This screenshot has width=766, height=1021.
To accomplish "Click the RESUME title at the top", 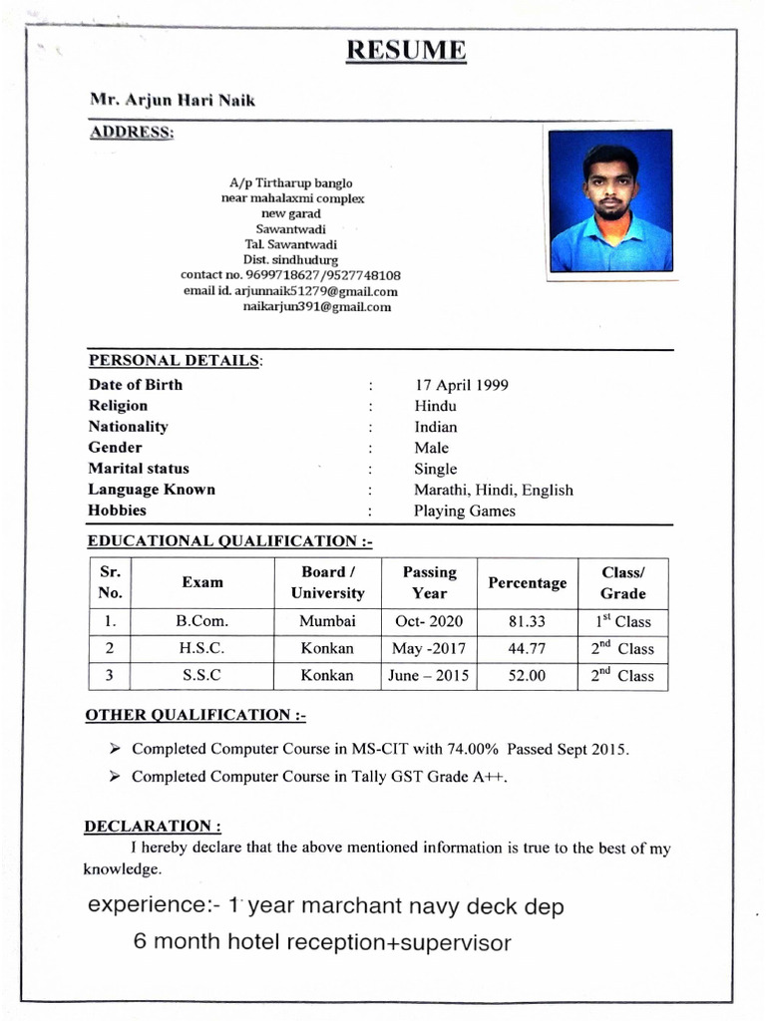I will (406, 51).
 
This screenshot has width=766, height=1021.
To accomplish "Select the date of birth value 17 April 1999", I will (461, 385).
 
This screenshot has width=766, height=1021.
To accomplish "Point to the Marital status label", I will (139, 469).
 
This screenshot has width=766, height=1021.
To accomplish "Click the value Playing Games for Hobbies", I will (465, 510).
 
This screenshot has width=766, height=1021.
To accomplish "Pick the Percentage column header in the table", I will (527, 583).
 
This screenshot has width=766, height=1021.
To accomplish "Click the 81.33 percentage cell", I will (527, 621).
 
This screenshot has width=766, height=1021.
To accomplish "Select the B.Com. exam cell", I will (202, 621).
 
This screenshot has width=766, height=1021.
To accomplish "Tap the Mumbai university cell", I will (327, 621).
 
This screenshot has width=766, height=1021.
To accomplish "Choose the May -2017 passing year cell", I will (426, 648).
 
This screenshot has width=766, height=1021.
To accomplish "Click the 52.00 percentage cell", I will (527, 675).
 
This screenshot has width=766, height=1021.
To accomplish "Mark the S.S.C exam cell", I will (201, 675).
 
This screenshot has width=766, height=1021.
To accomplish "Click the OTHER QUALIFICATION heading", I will (195, 715).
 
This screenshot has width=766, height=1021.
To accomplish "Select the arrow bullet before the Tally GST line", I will (115, 776).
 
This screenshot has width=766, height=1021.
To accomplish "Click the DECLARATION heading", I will (153, 827).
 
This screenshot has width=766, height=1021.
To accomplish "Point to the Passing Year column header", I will (429, 582).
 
